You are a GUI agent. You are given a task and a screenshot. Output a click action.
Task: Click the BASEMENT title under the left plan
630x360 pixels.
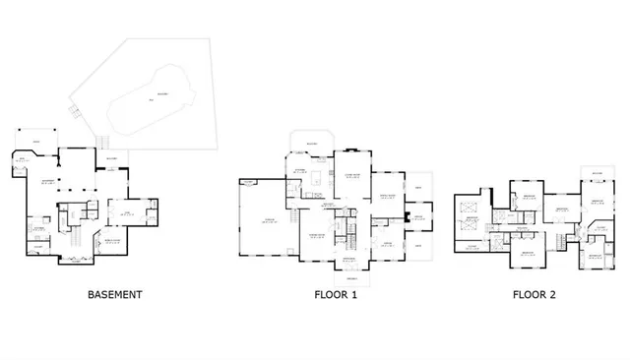click(x=115, y=294)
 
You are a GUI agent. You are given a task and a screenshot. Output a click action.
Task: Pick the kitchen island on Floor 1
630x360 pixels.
click(x=315, y=178)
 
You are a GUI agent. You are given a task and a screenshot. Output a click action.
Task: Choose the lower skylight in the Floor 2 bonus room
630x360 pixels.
click(x=470, y=229)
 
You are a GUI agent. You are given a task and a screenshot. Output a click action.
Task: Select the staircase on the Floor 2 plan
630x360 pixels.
click(x=562, y=240)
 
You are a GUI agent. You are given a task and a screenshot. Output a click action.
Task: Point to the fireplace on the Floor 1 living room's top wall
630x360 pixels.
click(x=352, y=150)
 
